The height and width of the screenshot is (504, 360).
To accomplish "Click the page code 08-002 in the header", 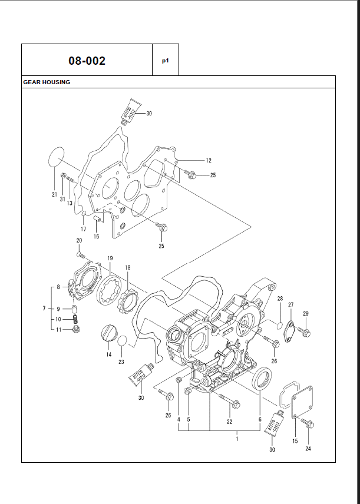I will (x=87, y=60).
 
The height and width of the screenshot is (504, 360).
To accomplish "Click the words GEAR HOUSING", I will (x=47, y=82).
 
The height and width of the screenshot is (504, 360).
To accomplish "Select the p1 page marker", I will (x=166, y=60).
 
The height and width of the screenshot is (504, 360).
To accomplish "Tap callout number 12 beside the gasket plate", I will (x=209, y=160).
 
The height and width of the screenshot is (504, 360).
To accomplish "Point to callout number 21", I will (x=54, y=195).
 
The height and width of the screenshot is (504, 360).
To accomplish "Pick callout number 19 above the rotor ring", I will (x=110, y=258).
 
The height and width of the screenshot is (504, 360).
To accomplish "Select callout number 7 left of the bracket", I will (x=44, y=309).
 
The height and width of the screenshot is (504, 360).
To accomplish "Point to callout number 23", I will (x=121, y=362).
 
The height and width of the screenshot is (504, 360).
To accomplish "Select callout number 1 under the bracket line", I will (x=237, y=439).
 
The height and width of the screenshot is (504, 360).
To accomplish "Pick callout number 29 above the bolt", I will (x=306, y=313).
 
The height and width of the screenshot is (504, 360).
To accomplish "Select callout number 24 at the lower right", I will (x=308, y=449).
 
